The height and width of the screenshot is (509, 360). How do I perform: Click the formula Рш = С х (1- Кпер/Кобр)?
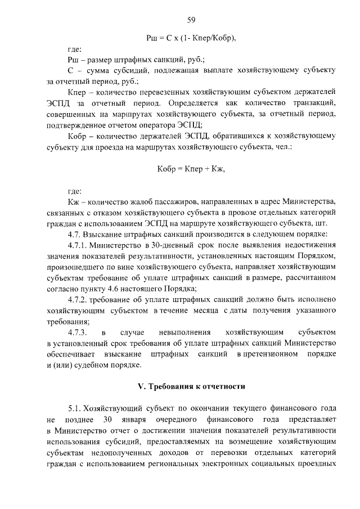[191, 38]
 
